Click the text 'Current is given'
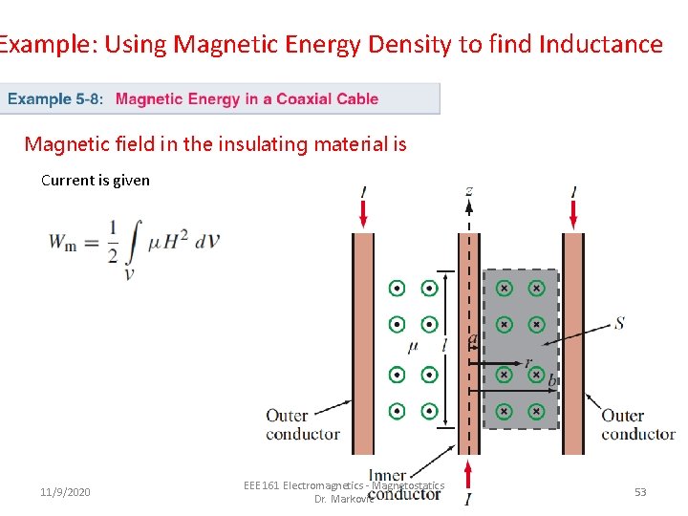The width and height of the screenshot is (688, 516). click(x=96, y=180)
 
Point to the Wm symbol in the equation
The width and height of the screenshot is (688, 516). click(x=63, y=244)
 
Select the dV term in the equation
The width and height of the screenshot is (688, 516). click(x=207, y=240)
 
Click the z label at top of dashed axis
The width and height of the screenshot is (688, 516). click(x=468, y=191)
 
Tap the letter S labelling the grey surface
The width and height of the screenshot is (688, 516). click(x=619, y=323)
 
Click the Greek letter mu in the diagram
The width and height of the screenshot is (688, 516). click(x=413, y=344)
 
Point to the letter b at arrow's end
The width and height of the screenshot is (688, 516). click(x=551, y=380)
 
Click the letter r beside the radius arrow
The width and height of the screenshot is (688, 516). click(x=527, y=362)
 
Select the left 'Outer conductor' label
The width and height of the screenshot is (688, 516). click(x=302, y=424)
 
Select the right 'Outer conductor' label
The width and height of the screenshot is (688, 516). click(x=637, y=424)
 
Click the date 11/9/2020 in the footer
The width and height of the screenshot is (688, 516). click(x=66, y=492)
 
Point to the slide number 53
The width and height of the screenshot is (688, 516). click(x=640, y=492)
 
